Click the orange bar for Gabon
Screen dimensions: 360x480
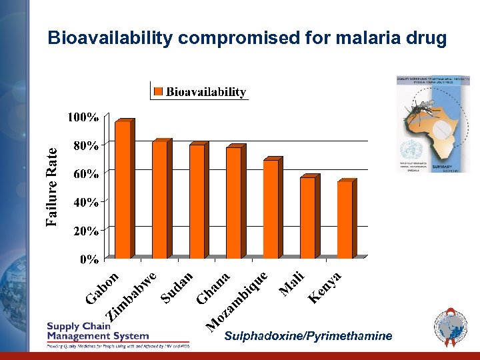(123, 189)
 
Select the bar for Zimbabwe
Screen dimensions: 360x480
(160, 199)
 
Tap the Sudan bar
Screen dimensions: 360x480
(197, 201)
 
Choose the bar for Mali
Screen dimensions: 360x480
(307, 217)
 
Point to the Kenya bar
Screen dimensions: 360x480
(345, 219)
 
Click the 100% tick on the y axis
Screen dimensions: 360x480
(83, 117)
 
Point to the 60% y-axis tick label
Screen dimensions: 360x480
(86, 174)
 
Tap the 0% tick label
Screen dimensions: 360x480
(89, 259)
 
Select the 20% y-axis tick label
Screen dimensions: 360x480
(86, 231)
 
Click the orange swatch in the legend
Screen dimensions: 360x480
(158, 91)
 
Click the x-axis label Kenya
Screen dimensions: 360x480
(325, 287)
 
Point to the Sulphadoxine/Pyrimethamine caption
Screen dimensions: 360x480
(308, 336)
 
